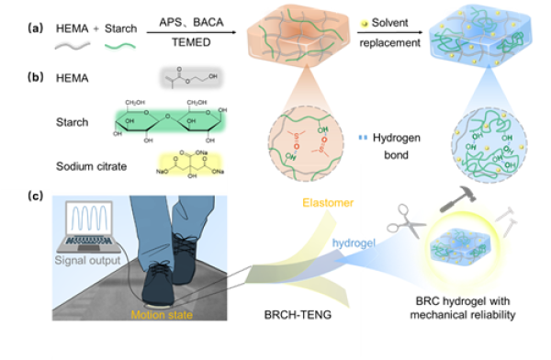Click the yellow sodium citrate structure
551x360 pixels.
tap(192, 167)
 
